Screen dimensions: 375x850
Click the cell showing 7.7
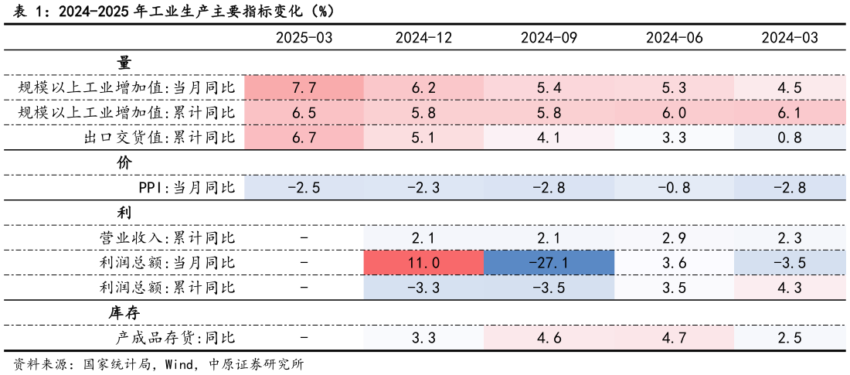[x=304, y=88]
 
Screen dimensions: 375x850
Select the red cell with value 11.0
[x=423, y=263]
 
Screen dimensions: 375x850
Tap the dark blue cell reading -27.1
[x=549, y=263]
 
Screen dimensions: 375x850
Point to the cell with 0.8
[x=789, y=138]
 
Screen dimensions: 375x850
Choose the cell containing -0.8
[x=674, y=188]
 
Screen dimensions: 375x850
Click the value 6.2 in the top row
[x=423, y=88]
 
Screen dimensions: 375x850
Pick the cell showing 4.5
[x=789, y=88]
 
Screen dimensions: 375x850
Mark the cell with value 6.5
[x=304, y=113]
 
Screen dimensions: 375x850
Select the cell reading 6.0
[x=674, y=113]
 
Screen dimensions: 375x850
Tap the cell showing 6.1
[x=789, y=113]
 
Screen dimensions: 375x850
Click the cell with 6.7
[x=304, y=138]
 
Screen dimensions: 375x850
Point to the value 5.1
[x=423, y=138]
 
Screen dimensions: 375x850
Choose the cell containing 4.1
[x=549, y=138]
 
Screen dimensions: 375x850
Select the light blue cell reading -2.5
[x=304, y=188]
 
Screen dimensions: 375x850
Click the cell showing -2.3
[x=423, y=188]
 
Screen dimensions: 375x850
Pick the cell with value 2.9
[x=674, y=238]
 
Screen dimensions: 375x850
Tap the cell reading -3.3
[x=423, y=288]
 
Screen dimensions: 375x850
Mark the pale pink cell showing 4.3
[x=789, y=288]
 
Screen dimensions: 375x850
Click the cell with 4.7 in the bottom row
[x=674, y=338]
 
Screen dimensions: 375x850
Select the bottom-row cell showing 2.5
[x=789, y=338]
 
